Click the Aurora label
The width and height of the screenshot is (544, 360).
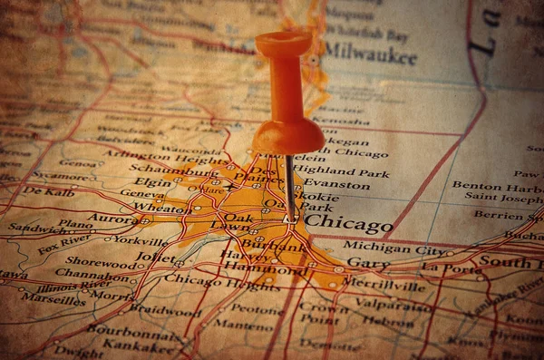112,219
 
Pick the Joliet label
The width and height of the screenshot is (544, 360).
156,257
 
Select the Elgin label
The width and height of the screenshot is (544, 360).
153,181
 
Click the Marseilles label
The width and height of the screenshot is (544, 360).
53,297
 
